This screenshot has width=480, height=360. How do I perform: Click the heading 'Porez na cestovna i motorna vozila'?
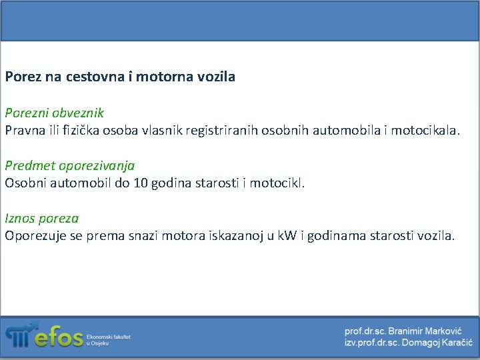[120, 77]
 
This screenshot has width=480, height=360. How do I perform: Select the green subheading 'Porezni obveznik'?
[54, 113]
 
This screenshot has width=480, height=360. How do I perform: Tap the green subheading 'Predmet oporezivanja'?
[70, 165]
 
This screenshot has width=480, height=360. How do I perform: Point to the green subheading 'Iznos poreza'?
[42, 218]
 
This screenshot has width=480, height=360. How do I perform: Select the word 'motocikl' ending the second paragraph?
[276, 182]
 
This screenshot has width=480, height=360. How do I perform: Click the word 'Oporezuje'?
[33, 235]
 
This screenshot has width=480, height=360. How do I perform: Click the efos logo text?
[59, 339]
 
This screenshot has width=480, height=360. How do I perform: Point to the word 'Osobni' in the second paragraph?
[25, 182]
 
